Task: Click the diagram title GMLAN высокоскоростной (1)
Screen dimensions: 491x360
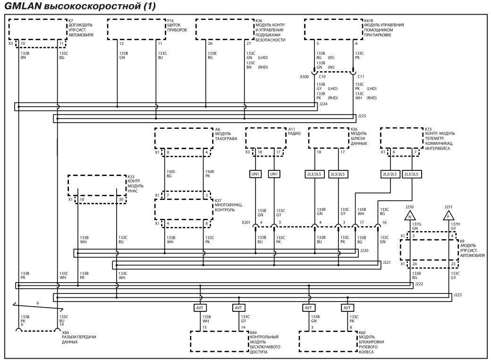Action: click(x=80, y=6)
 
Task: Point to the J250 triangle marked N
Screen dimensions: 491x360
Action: click(x=410, y=216)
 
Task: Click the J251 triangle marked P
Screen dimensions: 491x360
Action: click(x=448, y=216)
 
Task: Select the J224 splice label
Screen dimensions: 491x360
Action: click(x=323, y=104)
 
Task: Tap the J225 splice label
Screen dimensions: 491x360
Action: click(x=362, y=116)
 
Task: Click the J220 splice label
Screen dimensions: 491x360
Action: click(x=364, y=251)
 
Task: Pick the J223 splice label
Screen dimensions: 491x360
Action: click(x=457, y=294)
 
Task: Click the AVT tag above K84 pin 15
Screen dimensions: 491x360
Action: click(x=199, y=308)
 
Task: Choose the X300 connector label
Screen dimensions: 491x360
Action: click(x=304, y=77)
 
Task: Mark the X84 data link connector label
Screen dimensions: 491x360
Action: click(x=66, y=333)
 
